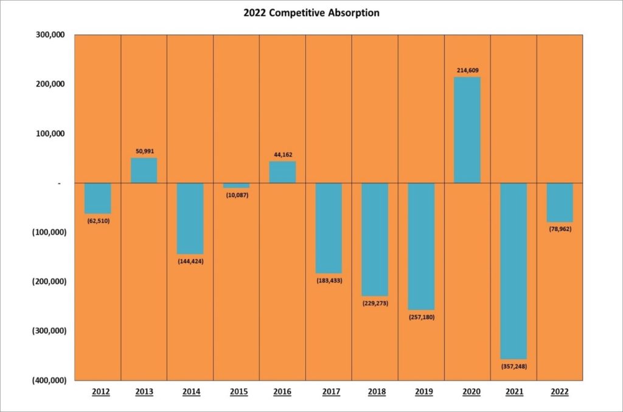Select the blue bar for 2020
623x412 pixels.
click(x=467, y=130)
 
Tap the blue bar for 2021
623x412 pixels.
click(x=513, y=271)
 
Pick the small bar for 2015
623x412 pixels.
click(x=236, y=185)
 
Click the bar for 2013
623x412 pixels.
click(x=144, y=171)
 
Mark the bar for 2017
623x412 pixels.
click(x=329, y=228)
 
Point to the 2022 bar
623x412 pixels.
click(x=560, y=202)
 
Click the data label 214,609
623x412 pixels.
click(x=467, y=70)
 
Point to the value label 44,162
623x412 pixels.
click(x=282, y=154)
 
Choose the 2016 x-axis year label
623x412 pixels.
click(x=282, y=392)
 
